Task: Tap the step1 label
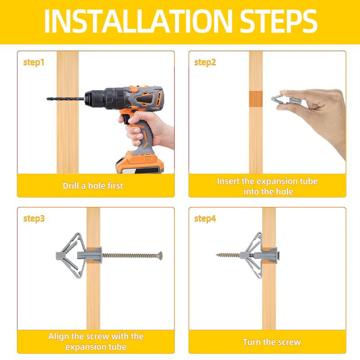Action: [x=34, y=63]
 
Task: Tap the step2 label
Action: [x=205, y=63]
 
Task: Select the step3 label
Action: [x=34, y=219]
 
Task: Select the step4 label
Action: [x=205, y=219]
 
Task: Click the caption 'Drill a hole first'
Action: [x=93, y=185]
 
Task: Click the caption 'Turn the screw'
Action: [x=271, y=342]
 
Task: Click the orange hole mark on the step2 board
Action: [x=256, y=99]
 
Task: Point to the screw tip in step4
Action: [x=218, y=255]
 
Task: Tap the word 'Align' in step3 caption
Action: [x=59, y=337]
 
